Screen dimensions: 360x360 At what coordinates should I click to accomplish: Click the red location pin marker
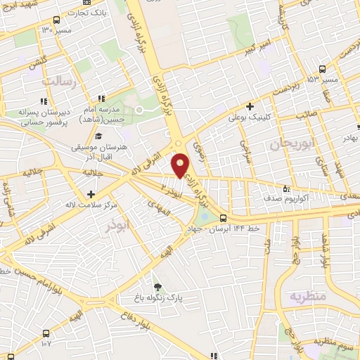[181, 165]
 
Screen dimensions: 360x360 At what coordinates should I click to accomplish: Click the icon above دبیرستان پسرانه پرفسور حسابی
[103, 99]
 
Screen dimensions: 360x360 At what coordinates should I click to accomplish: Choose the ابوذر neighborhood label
[98, 227]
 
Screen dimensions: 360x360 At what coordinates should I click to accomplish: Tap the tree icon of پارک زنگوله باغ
[157, 287]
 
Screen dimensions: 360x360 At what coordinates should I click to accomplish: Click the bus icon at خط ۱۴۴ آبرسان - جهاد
[223, 218]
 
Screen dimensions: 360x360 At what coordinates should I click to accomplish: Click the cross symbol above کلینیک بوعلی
[250, 105]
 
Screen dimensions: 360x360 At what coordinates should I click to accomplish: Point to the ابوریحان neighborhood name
[290, 145]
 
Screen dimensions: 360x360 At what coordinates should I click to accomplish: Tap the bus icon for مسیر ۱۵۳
[322, 69]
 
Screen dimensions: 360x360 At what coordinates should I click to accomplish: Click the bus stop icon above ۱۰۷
[46, 333]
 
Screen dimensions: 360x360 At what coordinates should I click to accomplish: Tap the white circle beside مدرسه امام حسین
[139, 110]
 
